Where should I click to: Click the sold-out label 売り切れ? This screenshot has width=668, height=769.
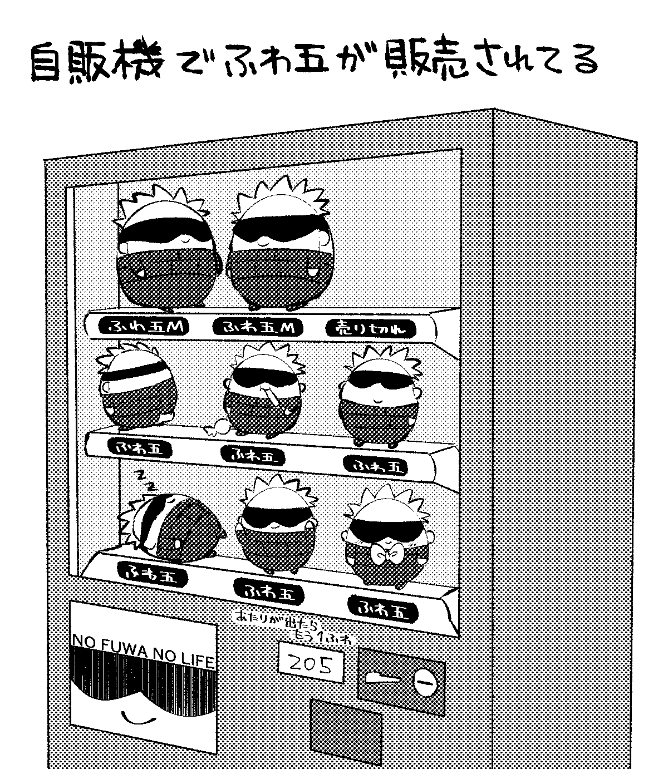tap(370, 329)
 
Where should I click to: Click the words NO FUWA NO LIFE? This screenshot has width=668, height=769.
tap(143, 649)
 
